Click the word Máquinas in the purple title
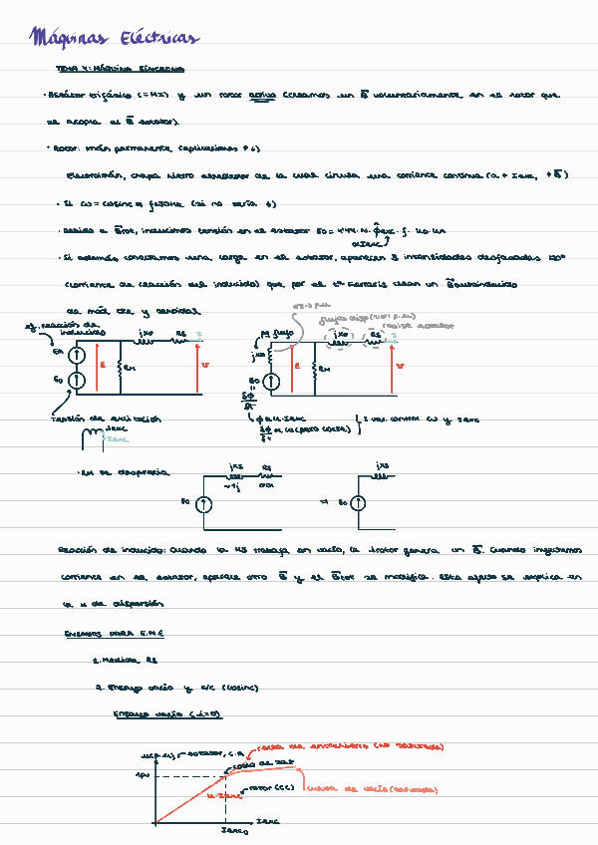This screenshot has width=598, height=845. point(69,39)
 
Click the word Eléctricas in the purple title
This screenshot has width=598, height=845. point(158,39)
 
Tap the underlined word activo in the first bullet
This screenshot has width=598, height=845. point(261,96)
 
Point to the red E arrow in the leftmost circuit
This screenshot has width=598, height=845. point(97,365)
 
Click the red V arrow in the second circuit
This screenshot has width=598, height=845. point(393,365)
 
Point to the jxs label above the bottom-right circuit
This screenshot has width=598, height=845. point(384,466)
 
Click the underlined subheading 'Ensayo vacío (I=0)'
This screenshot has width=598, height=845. point(166,714)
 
